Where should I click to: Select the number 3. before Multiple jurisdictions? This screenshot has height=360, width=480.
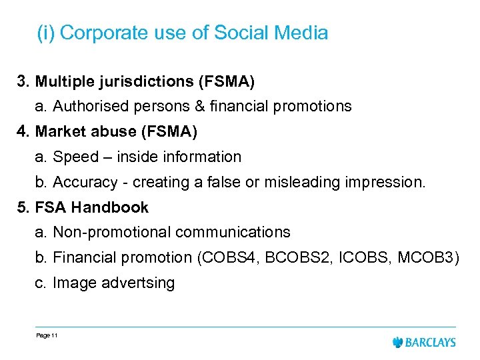pyautogui.click(x=24, y=81)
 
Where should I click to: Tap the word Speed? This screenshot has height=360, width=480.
pyautogui.click(x=75, y=157)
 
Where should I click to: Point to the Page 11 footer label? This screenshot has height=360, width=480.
pyautogui.click(x=47, y=335)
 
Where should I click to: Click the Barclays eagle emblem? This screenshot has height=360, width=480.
pyautogui.click(x=399, y=342)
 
